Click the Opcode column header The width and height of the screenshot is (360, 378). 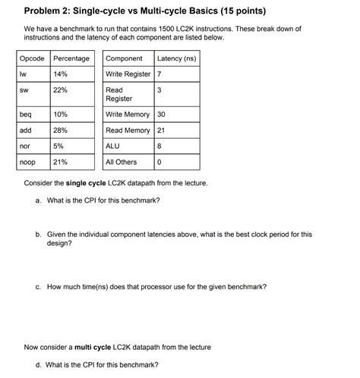32,58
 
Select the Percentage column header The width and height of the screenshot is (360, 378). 71,58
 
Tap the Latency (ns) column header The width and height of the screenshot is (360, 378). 175,58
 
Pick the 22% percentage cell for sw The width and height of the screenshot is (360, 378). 61,90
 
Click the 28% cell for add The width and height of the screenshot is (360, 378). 61,131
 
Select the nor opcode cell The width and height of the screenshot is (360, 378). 26,146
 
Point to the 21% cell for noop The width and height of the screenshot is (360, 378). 61,162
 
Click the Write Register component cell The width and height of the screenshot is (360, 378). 128,74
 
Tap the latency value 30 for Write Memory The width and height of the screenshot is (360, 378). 161,115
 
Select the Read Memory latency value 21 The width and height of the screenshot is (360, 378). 161,131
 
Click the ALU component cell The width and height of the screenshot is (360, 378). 113,146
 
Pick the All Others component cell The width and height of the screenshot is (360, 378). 122,162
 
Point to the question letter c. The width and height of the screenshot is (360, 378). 38,288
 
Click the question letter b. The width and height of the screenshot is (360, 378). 38,235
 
